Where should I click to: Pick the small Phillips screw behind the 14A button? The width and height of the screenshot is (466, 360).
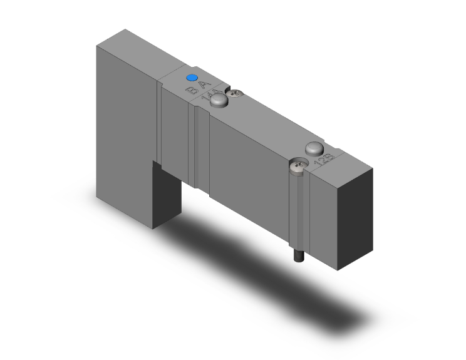coord(236,95)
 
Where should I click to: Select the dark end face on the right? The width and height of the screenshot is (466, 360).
coord(355,216)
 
